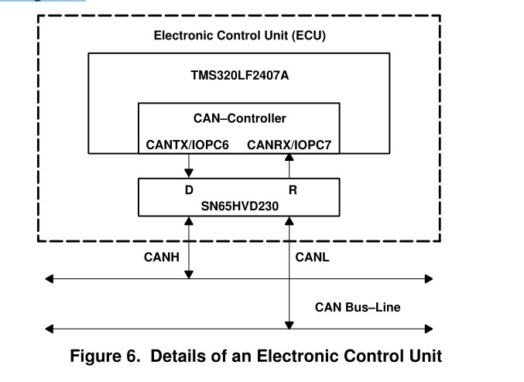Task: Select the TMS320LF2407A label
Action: [x=238, y=76]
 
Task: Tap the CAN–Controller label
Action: [x=239, y=118]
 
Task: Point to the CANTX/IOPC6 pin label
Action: [x=188, y=145]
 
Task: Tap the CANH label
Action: [x=163, y=258]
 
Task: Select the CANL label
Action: [x=313, y=258]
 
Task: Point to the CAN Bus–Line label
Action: [x=357, y=307]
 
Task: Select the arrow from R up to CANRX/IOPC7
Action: [x=289, y=165]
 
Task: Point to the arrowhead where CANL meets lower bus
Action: [x=289, y=323]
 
